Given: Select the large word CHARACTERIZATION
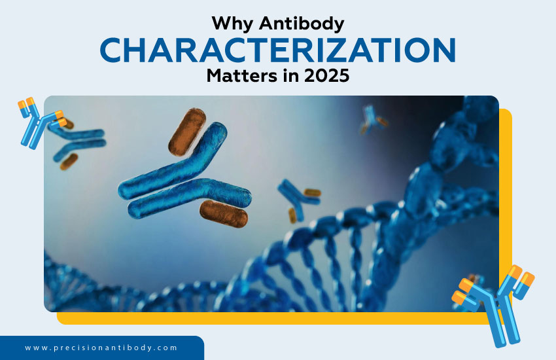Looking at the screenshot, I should [x=278, y=50].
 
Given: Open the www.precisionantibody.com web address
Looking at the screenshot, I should [x=101, y=348].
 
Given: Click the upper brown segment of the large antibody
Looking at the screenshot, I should [x=186, y=131].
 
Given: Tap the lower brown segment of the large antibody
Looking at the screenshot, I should [x=224, y=213].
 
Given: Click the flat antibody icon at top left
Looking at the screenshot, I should [x=39, y=120].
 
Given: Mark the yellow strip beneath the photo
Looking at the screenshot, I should [x=275, y=318].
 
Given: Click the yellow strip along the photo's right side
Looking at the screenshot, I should [x=505, y=209].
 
